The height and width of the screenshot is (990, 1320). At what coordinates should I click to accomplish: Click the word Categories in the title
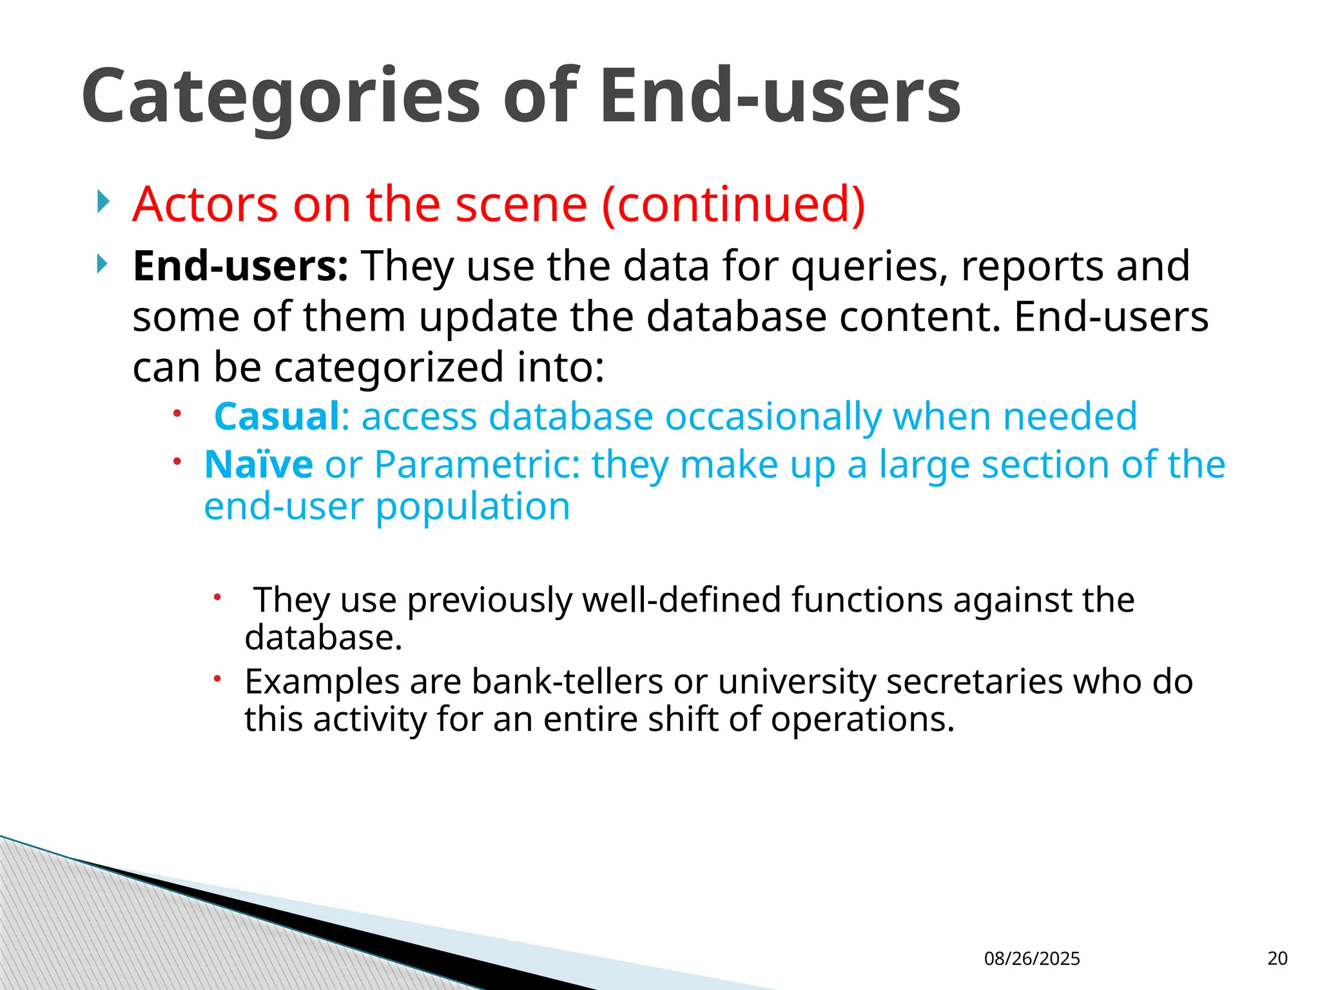point(280,97)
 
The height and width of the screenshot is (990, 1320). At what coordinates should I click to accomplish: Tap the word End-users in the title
point(780,97)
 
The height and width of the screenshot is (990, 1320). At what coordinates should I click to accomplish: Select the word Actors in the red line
point(205,204)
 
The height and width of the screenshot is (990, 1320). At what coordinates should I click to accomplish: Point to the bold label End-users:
point(240,266)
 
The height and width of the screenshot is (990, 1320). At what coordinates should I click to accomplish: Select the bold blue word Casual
point(277,416)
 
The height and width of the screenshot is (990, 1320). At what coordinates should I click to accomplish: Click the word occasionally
point(773,416)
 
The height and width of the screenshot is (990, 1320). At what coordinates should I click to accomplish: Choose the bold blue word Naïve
point(258,464)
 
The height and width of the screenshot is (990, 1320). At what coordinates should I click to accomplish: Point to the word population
point(472,507)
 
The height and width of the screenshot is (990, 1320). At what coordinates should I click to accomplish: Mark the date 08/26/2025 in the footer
point(1032,958)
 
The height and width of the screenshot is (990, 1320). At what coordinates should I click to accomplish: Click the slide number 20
point(1277,958)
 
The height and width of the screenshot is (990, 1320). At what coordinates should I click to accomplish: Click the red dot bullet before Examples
point(218,678)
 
